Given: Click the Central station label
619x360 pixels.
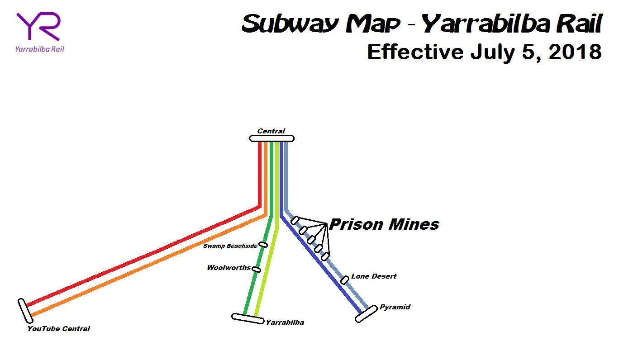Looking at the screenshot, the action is click(x=271, y=131).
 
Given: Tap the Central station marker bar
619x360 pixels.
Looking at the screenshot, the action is click(x=271, y=138).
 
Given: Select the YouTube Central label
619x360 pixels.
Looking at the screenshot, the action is click(x=58, y=329).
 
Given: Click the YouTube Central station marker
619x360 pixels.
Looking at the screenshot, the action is click(x=25, y=311).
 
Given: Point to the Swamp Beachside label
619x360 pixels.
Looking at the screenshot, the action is click(x=230, y=246).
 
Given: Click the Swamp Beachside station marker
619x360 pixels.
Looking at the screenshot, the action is click(x=263, y=245).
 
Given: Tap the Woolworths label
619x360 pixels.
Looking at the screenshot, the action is click(x=229, y=267).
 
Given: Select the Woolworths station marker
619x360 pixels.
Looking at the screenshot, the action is click(x=256, y=269).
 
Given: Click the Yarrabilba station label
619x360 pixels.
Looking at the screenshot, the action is click(x=285, y=322).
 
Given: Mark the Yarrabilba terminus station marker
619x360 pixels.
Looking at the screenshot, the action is click(x=248, y=318).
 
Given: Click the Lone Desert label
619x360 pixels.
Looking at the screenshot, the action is click(x=374, y=276).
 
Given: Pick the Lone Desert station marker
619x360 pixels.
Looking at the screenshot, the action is click(x=345, y=280).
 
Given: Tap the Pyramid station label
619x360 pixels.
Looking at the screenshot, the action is click(x=395, y=307).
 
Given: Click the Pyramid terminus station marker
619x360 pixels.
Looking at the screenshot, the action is click(x=366, y=314).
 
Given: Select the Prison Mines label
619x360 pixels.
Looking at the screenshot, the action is click(x=384, y=224).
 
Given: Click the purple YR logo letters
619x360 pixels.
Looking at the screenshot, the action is click(x=38, y=26).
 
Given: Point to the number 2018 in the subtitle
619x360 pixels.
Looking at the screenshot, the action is click(x=575, y=52).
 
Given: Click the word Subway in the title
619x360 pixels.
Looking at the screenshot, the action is click(x=290, y=24).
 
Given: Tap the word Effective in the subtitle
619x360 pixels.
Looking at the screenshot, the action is click(x=415, y=52).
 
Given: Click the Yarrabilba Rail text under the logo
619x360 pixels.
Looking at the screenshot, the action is click(x=40, y=49).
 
